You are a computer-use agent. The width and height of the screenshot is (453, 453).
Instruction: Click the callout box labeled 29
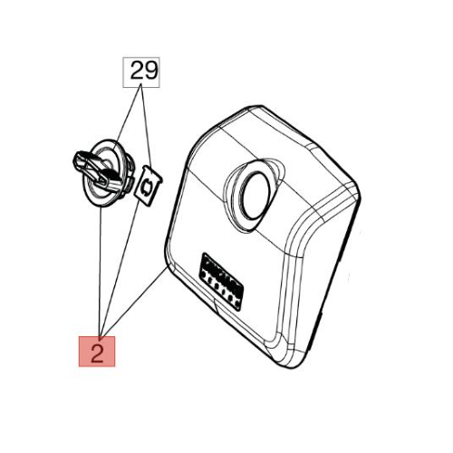(141, 72)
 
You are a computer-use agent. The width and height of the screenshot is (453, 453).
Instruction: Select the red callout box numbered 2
(97, 352)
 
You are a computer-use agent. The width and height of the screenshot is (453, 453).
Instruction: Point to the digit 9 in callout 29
(150, 70)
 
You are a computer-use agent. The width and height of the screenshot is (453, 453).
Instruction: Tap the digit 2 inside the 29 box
(137, 70)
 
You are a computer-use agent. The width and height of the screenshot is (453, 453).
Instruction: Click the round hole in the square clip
(148, 186)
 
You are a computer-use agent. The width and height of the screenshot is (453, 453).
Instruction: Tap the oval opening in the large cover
(255, 196)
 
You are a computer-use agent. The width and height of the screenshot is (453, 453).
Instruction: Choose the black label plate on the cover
(222, 282)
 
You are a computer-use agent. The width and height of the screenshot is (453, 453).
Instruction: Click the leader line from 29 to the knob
(127, 117)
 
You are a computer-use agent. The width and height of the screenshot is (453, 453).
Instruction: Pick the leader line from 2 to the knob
(100, 272)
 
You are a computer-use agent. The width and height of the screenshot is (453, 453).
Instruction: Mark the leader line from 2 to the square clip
(120, 268)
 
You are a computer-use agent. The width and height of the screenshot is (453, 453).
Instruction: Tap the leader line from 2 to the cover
(133, 303)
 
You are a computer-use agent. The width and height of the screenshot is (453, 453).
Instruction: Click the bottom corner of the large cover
(293, 369)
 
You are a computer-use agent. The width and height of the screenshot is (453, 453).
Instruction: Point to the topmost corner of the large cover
(258, 106)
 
